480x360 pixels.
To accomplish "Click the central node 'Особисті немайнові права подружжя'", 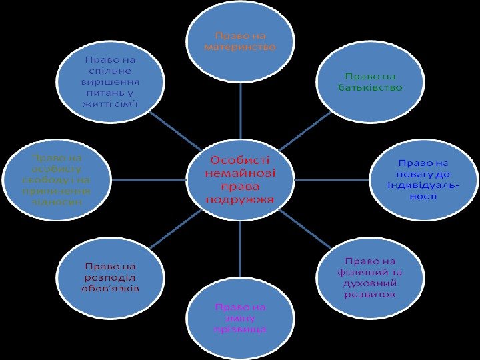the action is pos(240,180).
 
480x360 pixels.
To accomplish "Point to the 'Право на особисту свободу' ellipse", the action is pos(57,180).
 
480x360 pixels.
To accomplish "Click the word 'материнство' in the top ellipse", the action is pos(239,47).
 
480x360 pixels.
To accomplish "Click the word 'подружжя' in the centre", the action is pos(240,199).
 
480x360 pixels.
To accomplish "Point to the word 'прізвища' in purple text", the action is pos(240,329).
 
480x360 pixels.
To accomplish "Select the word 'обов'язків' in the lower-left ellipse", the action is pos(110,288).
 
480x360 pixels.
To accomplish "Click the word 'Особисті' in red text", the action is pos(240,161).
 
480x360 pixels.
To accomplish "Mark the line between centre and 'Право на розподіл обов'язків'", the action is pos(175,229).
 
